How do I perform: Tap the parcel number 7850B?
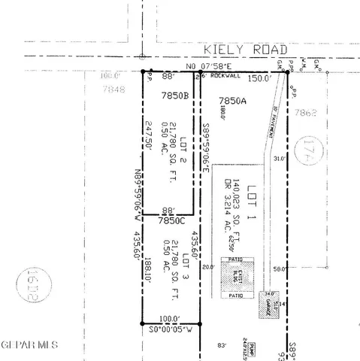pos(174,96)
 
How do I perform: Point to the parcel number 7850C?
pos(171,221)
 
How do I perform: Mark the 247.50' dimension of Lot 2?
pos(150,136)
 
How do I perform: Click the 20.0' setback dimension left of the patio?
pos(207,266)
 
